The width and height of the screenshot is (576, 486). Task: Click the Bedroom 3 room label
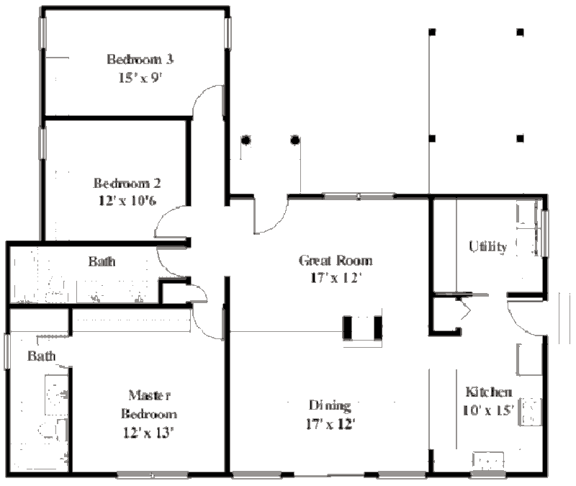[x=140, y=59]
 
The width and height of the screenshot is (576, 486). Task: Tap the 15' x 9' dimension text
[x=140, y=78]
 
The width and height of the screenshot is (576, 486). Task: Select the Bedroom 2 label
[x=127, y=183]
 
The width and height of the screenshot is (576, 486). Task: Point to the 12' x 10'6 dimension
[x=127, y=201]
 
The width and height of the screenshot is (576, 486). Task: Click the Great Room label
[x=336, y=261]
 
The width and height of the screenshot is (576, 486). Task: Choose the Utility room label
[x=488, y=246]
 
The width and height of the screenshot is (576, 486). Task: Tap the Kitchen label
[x=489, y=392]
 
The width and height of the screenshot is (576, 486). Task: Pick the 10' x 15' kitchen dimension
[x=488, y=410]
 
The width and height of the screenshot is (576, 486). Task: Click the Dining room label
[x=330, y=405]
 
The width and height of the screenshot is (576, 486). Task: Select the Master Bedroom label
[x=149, y=405]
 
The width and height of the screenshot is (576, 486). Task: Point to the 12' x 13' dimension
[x=148, y=433]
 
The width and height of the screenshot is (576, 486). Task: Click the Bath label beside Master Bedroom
[x=42, y=356]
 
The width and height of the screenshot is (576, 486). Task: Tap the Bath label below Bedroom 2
[x=102, y=261]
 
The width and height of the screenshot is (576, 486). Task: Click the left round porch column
[x=246, y=140]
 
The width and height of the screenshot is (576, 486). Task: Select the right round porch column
[x=295, y=140]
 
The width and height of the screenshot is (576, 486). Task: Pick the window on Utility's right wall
[x=546, y=233]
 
